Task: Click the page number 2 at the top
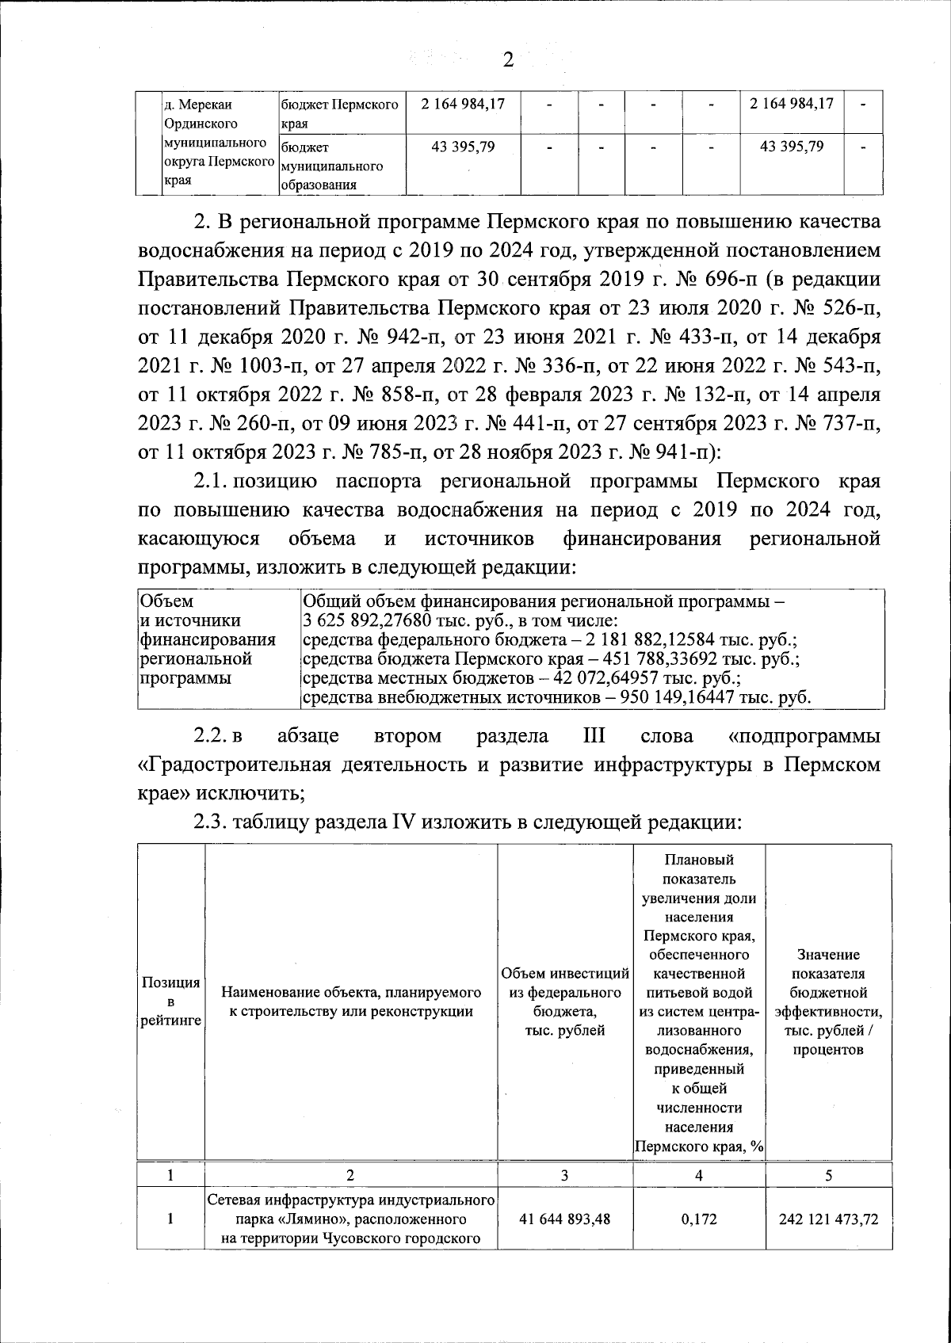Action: (x=508, y=59)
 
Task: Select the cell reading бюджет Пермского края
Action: (x=341, y=114)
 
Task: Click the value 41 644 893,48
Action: (x=565, y=1219)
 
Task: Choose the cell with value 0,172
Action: (x=698, y=1219)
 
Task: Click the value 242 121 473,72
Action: (x=827, y=1219)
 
